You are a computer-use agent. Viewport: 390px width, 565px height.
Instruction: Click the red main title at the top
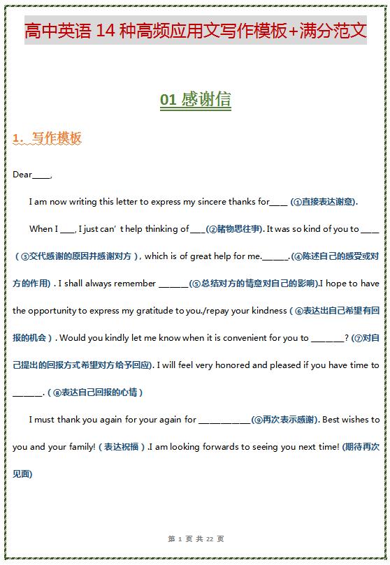[x=195, y=31]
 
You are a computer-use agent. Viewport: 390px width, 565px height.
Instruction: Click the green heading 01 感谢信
[x=195, y=100]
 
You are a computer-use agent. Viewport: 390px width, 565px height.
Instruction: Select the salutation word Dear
[x=22, y=175]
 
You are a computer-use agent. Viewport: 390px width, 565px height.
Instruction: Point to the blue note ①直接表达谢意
[x=324, y=202]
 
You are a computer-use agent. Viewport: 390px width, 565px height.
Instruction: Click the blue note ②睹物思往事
[x=235, y=229]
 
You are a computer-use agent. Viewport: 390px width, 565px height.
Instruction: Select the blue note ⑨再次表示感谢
[x=286, y=420]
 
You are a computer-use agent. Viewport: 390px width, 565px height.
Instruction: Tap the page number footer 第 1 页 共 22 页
[x=196, y=539]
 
